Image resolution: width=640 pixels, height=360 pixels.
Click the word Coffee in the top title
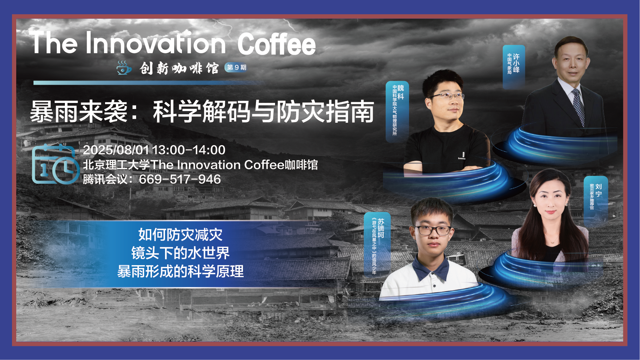[276, 44]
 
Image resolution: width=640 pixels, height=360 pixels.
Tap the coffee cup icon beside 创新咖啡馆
[124, 68]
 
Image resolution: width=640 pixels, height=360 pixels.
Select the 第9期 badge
[236, 67]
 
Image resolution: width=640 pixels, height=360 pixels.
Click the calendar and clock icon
[55, 164]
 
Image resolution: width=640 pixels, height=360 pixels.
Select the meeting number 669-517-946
[180, 179]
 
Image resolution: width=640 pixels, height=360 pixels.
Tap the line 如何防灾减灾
[180, 235]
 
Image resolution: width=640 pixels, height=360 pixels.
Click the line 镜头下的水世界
[180, 253]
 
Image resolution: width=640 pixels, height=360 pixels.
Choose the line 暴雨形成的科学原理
[180, 271]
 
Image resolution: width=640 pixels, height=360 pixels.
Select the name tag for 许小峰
[514, 66]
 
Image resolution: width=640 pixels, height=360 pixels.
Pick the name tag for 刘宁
[596, 200]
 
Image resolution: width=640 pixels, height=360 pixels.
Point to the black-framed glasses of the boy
[433, 230]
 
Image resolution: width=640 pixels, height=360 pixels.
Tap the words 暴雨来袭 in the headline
[79, 112]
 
